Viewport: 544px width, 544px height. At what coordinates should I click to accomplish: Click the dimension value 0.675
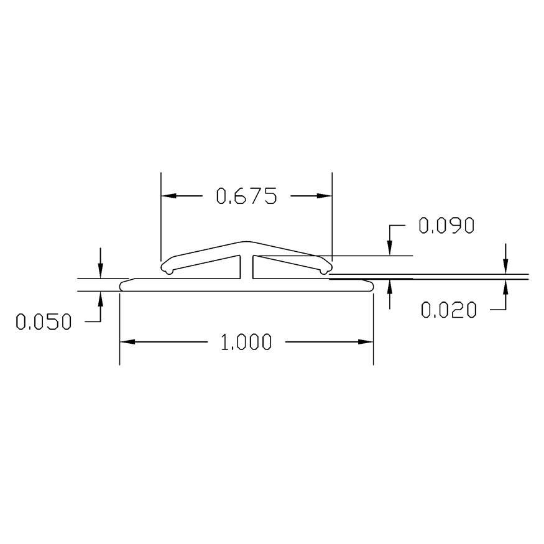[245, 196]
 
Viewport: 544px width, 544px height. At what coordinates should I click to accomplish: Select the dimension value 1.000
[246, 342]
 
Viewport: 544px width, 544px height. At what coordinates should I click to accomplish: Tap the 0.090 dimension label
[446, 226]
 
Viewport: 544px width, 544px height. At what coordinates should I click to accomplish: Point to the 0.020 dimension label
[448, 309]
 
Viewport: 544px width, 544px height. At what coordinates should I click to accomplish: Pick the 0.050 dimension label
[44, 321]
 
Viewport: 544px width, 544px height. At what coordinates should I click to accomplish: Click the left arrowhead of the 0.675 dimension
[168, 196]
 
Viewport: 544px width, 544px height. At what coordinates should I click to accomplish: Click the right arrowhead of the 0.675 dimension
[324, 196]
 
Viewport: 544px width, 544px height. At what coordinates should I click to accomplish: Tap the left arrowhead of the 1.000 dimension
[127, 341]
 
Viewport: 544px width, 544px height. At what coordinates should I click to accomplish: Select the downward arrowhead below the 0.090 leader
[390, 249]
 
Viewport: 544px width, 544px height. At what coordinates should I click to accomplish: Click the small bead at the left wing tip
[167, 269]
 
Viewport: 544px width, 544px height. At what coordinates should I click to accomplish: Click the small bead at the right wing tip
[325, 269]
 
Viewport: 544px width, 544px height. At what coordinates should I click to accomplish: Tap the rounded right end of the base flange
[370, 285]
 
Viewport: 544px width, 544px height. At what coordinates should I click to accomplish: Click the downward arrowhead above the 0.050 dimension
[99, 272]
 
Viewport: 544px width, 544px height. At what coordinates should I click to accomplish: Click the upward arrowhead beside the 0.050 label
[99, 298]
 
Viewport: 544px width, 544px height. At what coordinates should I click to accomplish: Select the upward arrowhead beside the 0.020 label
[505, 286]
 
